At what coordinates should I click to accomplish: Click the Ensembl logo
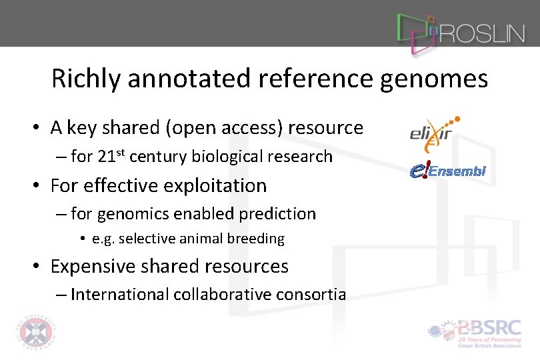coord(447,171)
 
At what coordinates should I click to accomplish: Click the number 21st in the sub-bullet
coord(111,156)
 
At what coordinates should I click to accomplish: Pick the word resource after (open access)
coord(325,127)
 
